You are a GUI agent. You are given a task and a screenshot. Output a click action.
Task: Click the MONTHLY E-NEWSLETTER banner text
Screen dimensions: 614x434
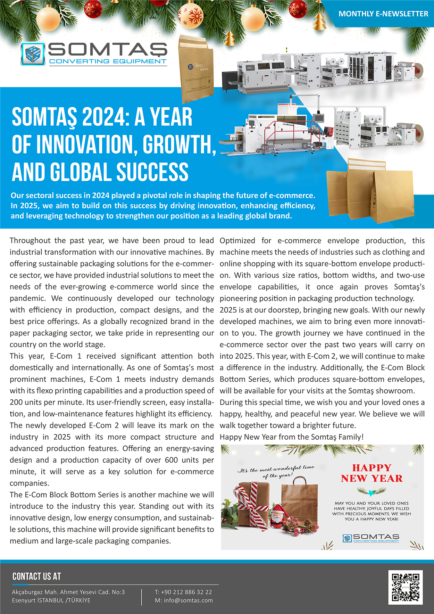383,14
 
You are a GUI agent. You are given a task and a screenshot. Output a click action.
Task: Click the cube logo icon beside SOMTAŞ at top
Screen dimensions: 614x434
33,54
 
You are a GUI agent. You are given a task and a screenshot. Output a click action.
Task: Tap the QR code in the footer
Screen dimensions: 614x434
405,587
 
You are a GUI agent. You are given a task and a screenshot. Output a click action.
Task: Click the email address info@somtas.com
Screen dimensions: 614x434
188,600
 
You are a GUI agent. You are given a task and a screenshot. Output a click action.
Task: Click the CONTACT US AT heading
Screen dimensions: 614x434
36,576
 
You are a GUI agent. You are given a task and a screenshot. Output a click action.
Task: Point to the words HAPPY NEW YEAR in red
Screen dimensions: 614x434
372,473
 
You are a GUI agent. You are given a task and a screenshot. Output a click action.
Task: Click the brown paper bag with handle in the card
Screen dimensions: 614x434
299,504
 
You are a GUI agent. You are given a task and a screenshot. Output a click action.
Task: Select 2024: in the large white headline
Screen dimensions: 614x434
105,117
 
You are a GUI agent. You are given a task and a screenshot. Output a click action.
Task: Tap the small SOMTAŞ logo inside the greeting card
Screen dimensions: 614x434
371,538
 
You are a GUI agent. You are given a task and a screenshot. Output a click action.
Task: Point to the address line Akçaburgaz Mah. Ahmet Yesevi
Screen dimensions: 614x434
68,592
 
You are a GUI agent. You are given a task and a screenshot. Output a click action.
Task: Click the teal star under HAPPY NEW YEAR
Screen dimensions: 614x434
371,492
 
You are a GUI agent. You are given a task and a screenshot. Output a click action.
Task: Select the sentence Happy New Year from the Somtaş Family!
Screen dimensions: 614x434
292,437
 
